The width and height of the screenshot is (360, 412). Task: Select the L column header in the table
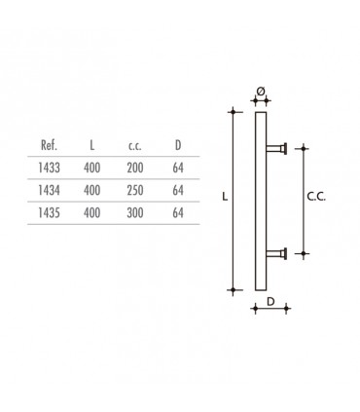click(92, 145)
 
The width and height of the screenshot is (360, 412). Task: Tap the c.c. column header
click(134, 145)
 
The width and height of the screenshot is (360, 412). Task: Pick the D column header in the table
click(176, 145)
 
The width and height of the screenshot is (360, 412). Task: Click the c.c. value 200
click(134, 167)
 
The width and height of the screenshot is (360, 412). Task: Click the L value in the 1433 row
click(92, 167)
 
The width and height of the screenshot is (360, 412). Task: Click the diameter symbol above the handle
click(260, 91)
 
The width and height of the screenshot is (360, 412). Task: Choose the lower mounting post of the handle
click(277, 252)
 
